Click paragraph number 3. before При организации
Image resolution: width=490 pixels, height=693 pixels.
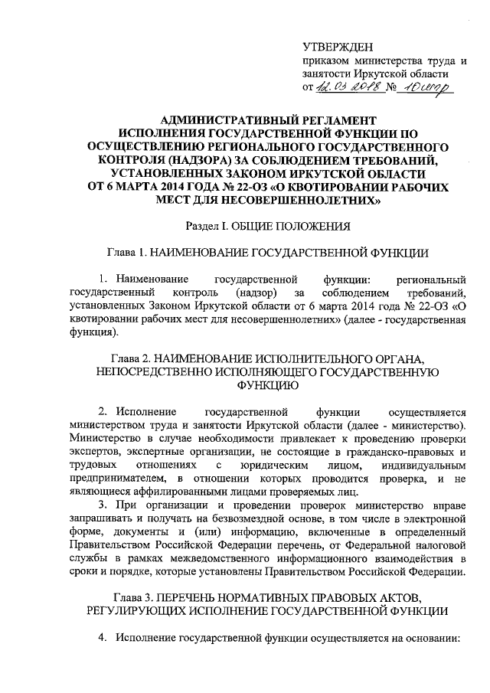(x=103, y=505)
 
